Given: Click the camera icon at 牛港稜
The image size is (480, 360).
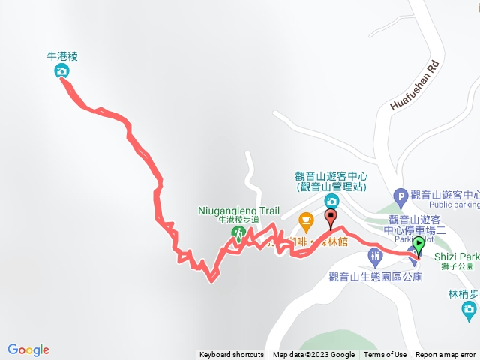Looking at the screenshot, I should tap(61, 71).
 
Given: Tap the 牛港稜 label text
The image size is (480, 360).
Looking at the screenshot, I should tap(62, 55).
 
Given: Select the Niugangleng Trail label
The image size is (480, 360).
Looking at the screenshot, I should tap(239, 211).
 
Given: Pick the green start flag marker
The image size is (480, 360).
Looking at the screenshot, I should tap(418, 244).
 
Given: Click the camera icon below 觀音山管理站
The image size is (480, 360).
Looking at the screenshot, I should tap(331, 201).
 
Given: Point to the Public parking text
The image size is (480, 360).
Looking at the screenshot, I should tap(454, 204).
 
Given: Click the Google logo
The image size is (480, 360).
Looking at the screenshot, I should tap(28, 349).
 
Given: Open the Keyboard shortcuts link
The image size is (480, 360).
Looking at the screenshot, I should tap(232, 355).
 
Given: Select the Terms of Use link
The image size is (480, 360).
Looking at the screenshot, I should tap(385, 355).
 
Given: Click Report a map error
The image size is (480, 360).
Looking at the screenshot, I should tap(445, 355).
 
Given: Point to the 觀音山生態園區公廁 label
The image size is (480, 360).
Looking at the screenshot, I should tap(375, 277).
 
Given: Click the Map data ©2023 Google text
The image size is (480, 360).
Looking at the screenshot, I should tap(313, 355).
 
